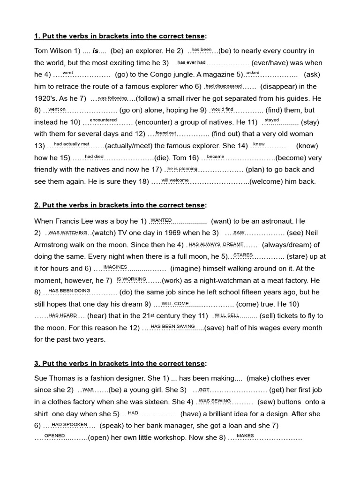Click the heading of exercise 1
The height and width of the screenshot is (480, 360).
coord(120,36)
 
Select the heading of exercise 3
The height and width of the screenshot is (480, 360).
coord(120,363)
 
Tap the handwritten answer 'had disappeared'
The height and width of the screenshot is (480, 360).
coord(224,86)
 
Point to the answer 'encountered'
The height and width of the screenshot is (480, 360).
coord(103,120)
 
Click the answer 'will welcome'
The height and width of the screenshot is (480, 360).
coord(175,180)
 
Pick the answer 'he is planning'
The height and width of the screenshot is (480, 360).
coord(182,168)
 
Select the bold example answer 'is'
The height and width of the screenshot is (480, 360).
coord(95,51)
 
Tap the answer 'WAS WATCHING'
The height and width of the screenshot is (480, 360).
coord(68,232)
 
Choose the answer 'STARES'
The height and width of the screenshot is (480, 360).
coord(243,255)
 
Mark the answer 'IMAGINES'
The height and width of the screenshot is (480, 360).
coord(115,267)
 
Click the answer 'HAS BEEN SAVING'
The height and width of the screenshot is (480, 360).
coord(172,326)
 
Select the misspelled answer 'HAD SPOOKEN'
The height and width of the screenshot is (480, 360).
coord(69,424)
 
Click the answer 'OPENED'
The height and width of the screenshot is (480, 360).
coord(54,435)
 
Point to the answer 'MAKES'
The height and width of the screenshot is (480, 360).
coord(245,435)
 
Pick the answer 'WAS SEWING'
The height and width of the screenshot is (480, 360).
coord(215,400)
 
